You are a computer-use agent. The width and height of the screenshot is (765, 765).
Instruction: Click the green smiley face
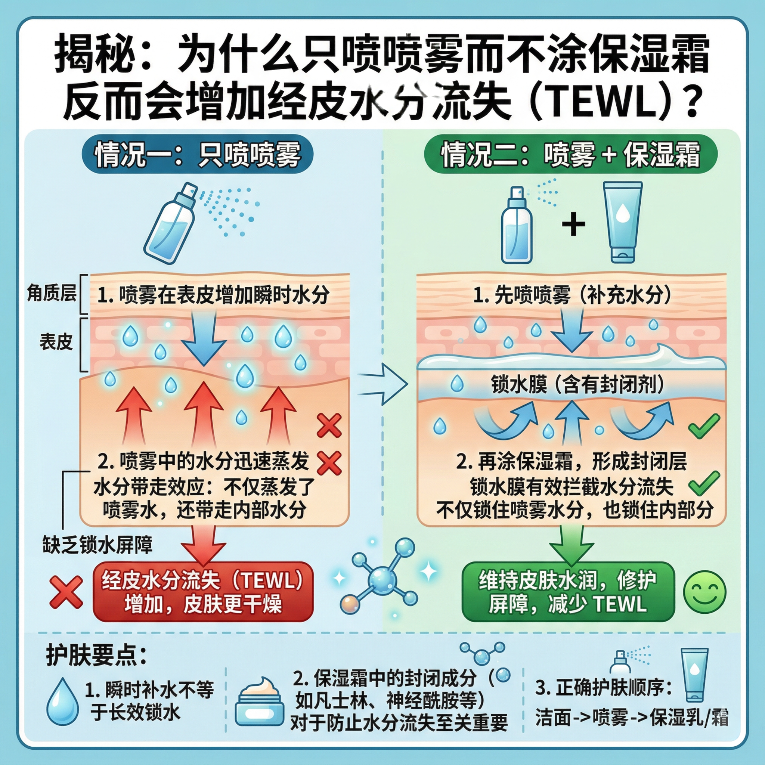(704, 593)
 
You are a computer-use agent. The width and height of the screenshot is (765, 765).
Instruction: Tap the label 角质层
(52, 293)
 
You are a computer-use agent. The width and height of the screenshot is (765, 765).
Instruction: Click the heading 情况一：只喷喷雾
(197, 154)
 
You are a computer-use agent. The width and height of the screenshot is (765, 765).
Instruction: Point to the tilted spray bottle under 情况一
(171, 224)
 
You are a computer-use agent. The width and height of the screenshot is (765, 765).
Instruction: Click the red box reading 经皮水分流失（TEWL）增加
(203, 592)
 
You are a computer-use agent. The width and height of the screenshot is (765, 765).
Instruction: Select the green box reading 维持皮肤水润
(568, 592)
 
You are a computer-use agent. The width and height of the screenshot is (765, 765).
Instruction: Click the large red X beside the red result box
(66, 592)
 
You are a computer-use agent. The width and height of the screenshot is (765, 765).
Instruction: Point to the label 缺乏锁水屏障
(97, 545)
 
